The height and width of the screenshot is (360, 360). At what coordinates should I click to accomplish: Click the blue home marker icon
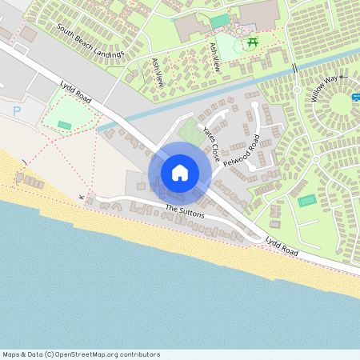point(180,172)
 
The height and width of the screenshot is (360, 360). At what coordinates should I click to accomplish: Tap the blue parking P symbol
point(17,111)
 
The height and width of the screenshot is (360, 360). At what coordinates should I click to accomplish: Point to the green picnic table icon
point(253,42)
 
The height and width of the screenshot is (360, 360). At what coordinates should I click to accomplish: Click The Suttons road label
point(185,211)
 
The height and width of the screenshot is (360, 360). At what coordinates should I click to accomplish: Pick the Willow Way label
point(326,88)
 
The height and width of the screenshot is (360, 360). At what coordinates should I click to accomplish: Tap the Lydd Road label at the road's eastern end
point(282,245)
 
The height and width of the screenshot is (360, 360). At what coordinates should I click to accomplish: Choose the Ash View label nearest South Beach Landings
point(157,72)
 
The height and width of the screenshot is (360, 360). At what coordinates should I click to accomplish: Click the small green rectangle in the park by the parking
point(64,125)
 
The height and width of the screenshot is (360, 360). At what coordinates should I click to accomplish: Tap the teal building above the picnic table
point(219,20)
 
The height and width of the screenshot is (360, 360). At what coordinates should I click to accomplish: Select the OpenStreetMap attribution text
point(81,354)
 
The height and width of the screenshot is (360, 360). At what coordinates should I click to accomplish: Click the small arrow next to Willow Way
point(342,77)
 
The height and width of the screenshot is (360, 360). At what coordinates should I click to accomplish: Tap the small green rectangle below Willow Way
point(306,200)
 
